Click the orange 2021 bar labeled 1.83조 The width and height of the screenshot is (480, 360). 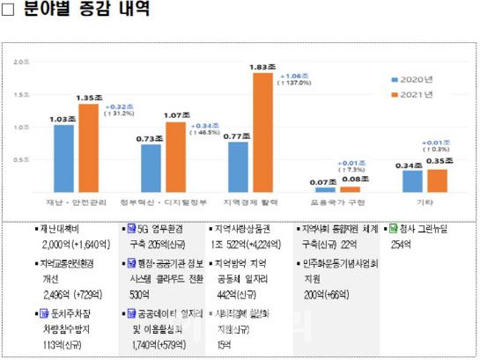[262, 132]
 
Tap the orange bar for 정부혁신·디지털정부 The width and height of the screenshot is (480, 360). [175, 157]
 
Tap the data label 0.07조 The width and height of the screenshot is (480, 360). [325, 181]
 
